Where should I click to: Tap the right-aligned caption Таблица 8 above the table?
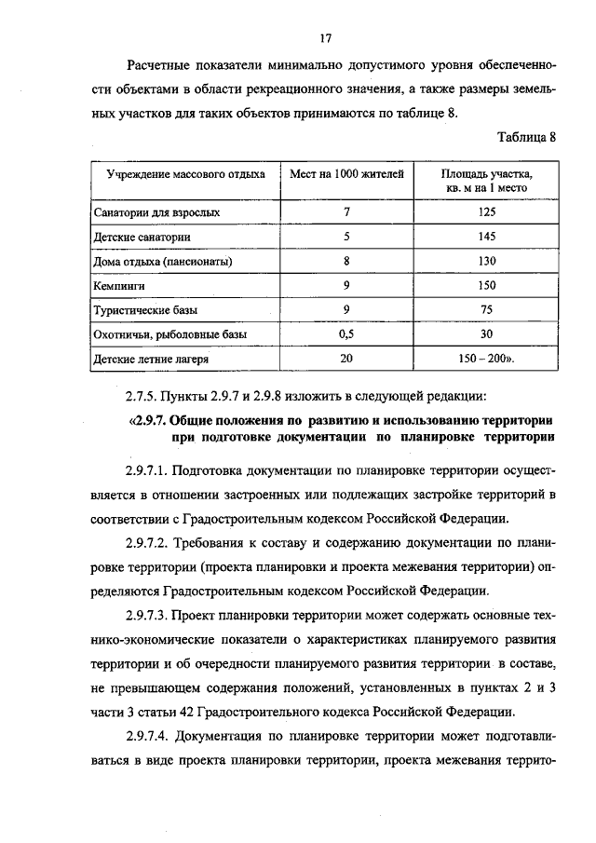click(526, 137)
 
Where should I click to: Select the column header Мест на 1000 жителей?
click(346, 174)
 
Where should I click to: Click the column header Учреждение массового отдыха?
click(185, 174)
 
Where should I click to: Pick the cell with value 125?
click(487, 212)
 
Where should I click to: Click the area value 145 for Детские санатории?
click(487, 237)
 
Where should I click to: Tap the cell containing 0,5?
click(346, 333)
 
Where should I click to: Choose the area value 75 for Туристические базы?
click(487, 309)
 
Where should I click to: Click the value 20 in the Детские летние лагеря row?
click(346, 358)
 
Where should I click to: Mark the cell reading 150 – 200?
click(485, 358)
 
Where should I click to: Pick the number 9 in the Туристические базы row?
click(346, 309)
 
